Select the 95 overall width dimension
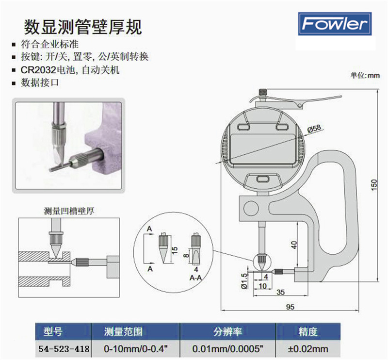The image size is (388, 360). point(290,307)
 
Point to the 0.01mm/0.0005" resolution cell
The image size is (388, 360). point(226,348)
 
